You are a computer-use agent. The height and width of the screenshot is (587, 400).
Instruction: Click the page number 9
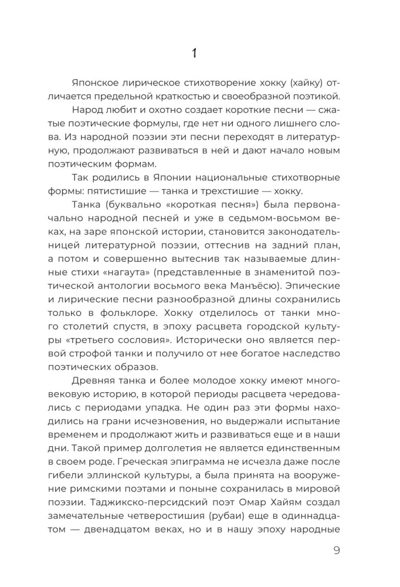pos(336,550)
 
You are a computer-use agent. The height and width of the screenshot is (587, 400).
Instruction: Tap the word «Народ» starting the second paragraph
pos(87,110)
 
